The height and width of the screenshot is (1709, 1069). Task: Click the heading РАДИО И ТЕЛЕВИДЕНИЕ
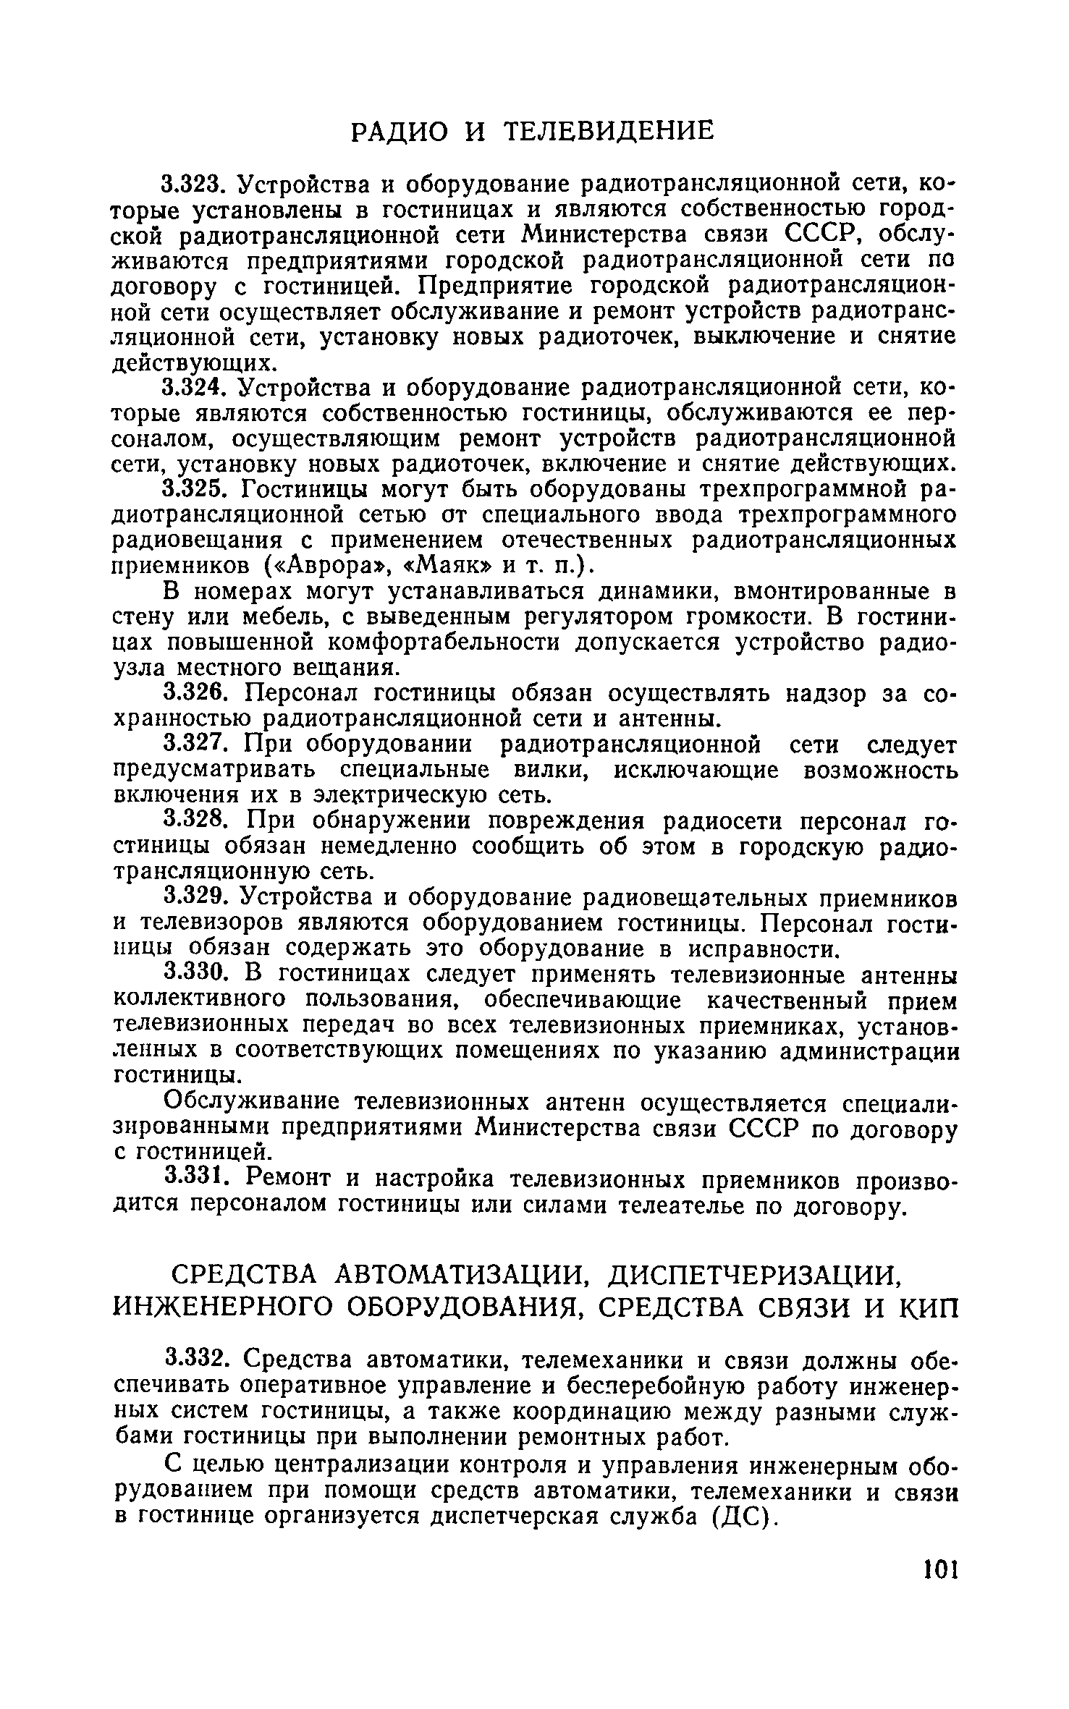[533, 131]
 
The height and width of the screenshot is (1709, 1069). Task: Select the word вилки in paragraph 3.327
[551, 770]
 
